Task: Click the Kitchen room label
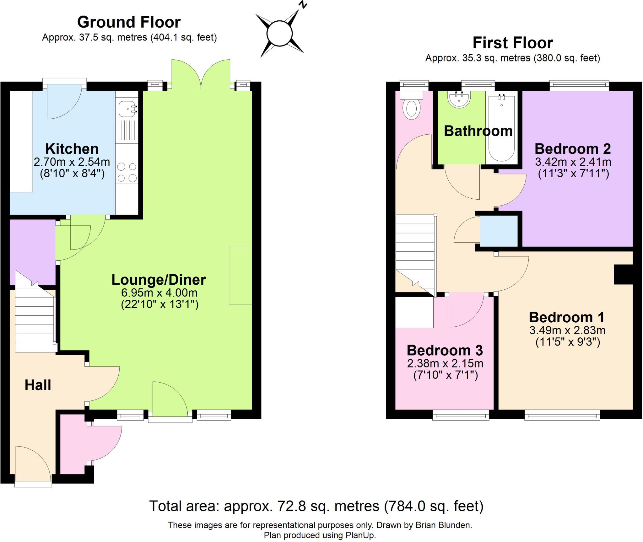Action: click(72, 149)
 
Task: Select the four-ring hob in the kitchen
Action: click(127, 172)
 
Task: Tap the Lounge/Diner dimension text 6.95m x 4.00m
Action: click(159, 293)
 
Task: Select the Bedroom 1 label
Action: click(566, 317)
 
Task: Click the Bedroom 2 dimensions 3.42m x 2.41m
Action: click(573, 162)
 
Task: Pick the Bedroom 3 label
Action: click(445, 350)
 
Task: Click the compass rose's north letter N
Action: click(302, 4)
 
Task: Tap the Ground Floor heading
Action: click(129, 22)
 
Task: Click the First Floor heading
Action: click(512, 43)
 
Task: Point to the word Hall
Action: click(38, 385)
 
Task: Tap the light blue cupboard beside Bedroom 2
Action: click(499, 231)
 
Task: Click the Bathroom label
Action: click(478, 131)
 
